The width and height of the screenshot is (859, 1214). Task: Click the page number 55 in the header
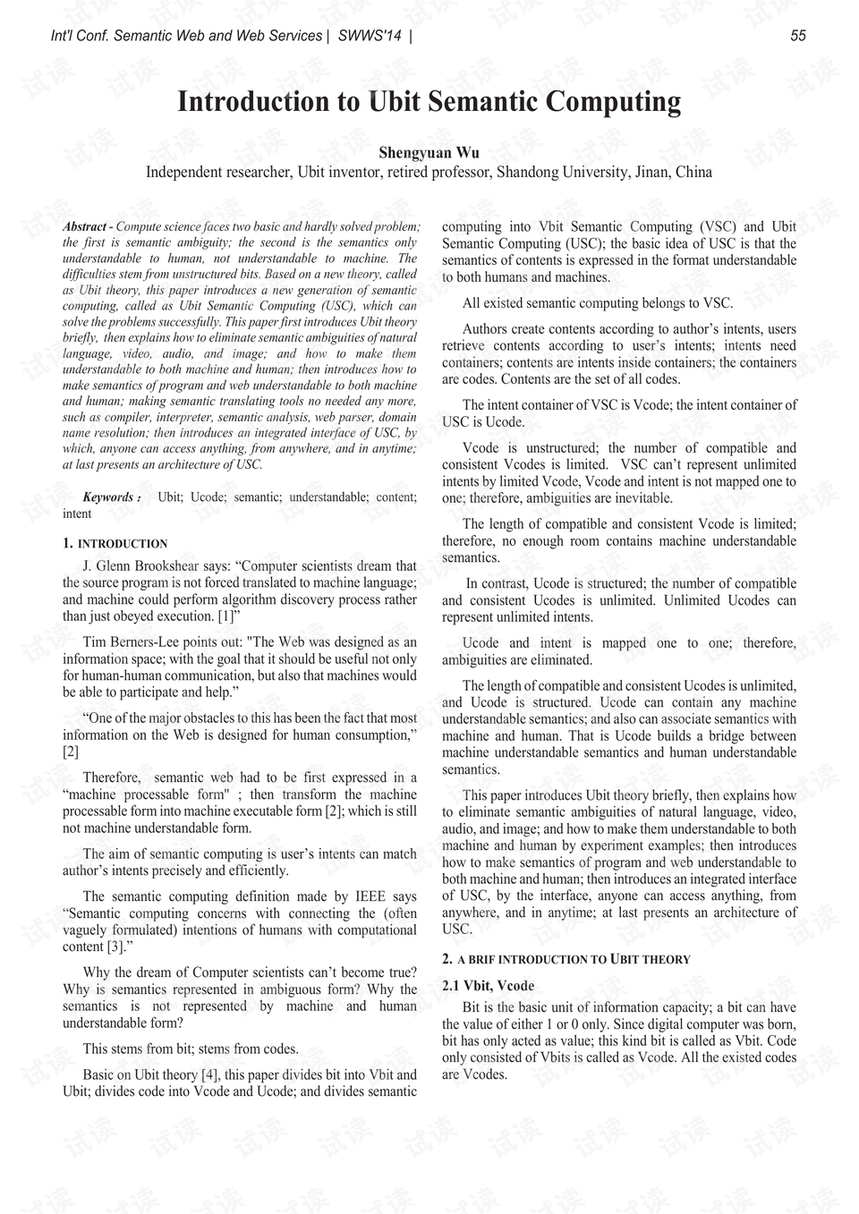798,36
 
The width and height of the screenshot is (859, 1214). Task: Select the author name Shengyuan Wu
429,153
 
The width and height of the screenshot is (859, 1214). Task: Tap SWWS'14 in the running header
370,36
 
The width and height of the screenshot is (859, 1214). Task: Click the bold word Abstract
84,227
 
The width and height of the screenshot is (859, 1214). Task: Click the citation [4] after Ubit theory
210,1074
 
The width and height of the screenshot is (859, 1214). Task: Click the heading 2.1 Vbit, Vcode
488,985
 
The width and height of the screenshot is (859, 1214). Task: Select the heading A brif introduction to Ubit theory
573,959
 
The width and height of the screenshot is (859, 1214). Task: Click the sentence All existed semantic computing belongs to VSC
597,303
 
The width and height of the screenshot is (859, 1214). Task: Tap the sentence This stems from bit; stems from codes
190,1048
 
